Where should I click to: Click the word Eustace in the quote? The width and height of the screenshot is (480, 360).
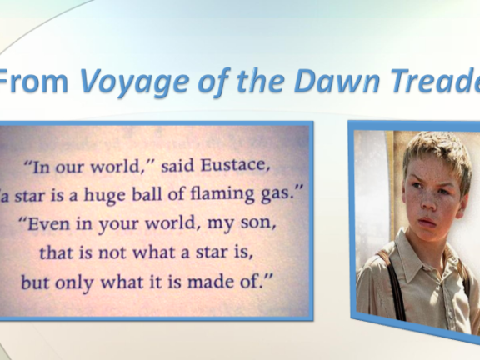point(235,166)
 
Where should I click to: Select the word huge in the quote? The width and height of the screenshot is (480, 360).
point(105,195)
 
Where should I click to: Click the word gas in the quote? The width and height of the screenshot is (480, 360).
point(280,196)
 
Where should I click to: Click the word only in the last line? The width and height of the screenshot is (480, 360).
point(74,282)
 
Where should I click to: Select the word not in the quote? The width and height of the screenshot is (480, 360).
point(112,252)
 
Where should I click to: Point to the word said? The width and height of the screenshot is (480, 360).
point(177,166)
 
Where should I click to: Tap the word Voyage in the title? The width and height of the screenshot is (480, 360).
point(134,81)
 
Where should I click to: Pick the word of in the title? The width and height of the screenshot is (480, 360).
point(213,80)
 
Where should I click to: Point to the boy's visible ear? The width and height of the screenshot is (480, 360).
point(465,194)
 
